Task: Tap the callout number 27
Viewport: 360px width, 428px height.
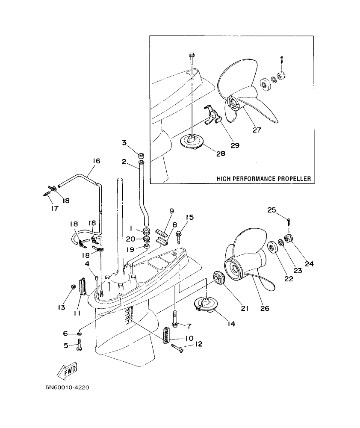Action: (x=257, y=130)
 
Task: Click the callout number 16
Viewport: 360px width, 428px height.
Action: (x=96, y=161)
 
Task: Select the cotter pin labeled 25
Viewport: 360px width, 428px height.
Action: (x=289, y=221)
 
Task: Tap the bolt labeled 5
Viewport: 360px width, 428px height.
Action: (x=79, y=345)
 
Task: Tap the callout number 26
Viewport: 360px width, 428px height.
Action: (x=265, y=308)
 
